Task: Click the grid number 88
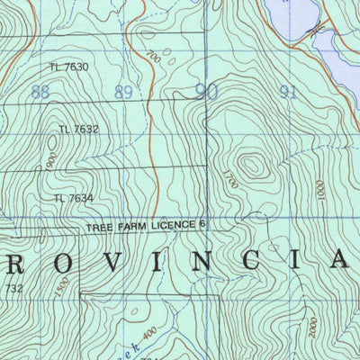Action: point(40,92)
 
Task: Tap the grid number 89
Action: point(124,91)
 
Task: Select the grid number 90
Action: point(206,90)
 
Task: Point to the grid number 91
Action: point(289,91)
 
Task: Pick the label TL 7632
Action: point(79,130)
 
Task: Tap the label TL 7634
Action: point(74,198)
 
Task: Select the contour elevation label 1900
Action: point(52,162)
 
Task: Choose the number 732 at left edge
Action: point(13,288)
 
